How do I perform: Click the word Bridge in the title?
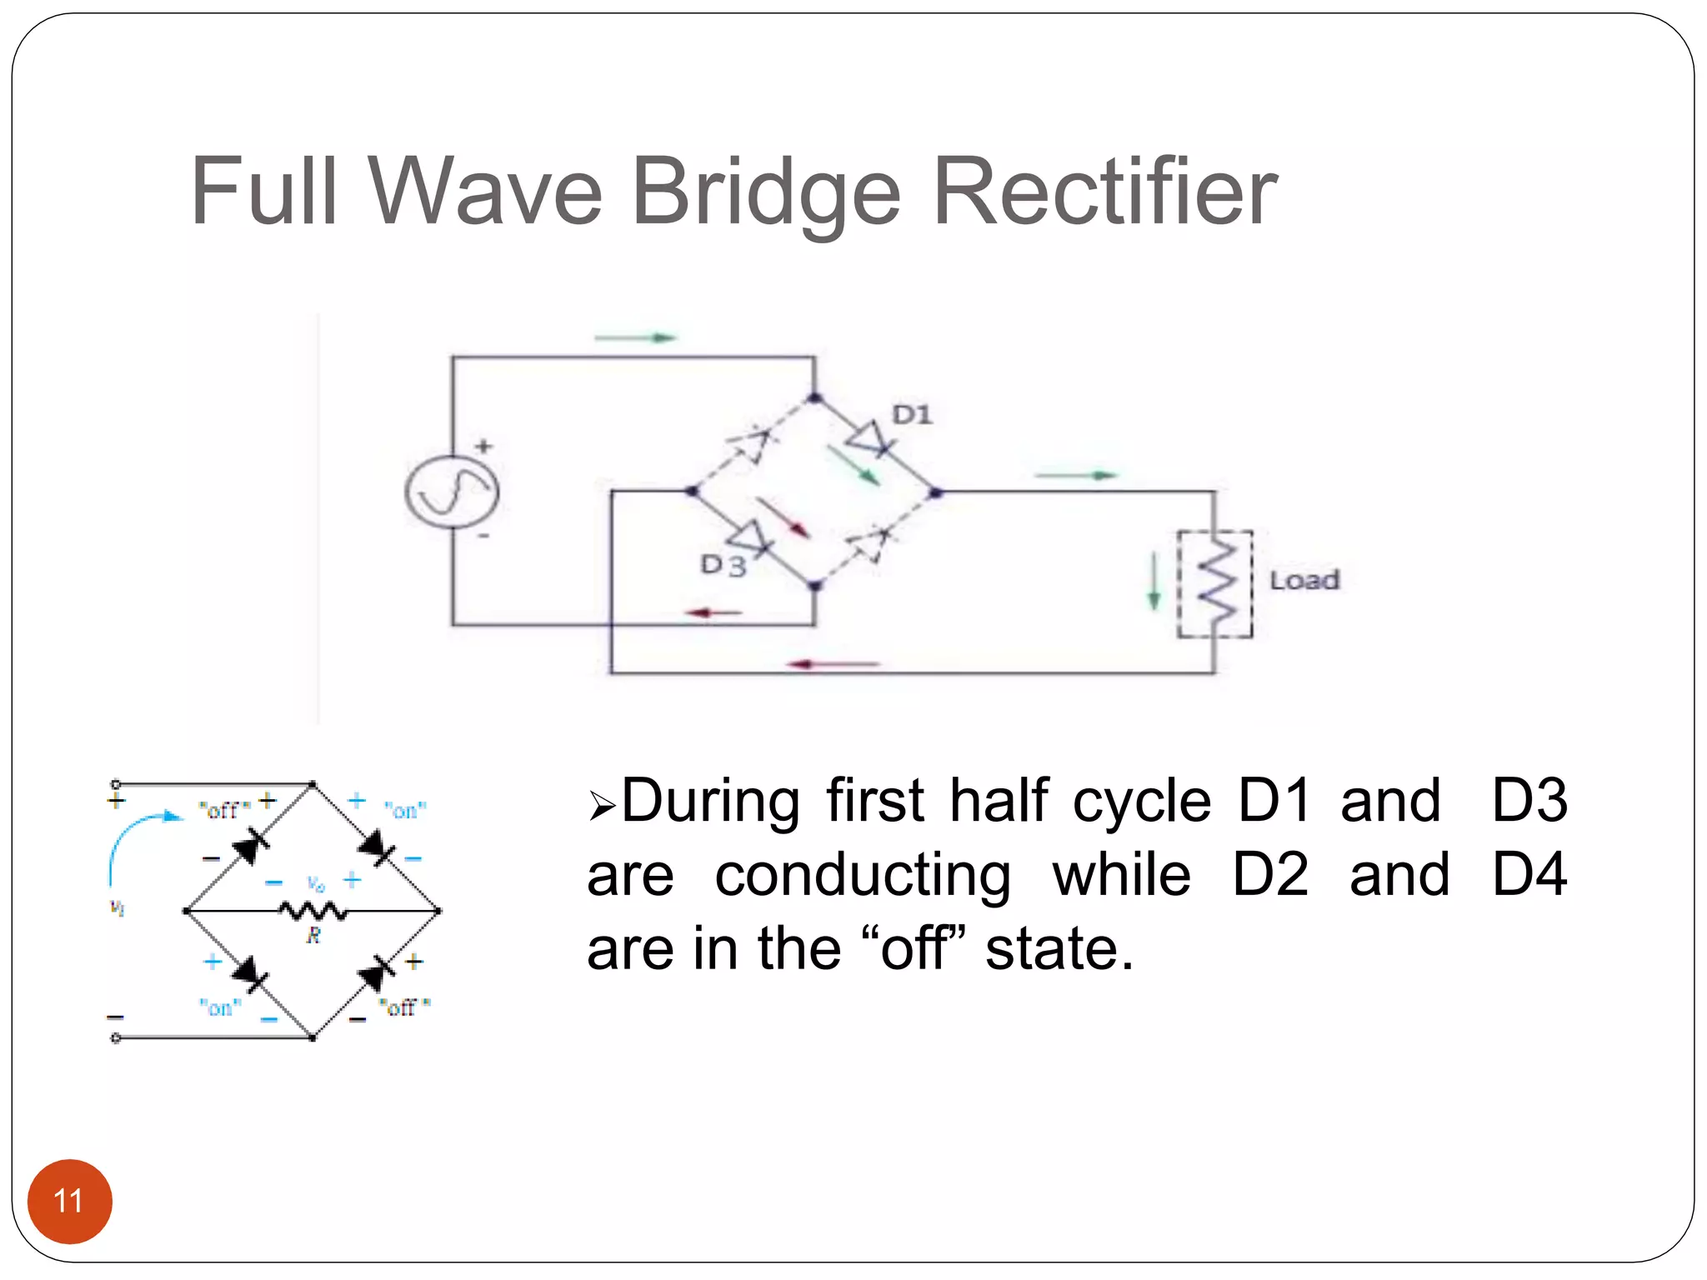(765, 193)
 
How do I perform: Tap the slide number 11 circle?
(69, 1201)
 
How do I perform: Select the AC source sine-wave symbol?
(452, 492)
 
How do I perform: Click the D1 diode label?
(912, 414)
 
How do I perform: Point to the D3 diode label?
(723, 565)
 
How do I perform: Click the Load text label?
(1304, 580)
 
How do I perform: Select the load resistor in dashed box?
(1215, 584)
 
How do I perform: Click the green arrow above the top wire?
(635, 337)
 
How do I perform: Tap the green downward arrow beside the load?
(1154, 581)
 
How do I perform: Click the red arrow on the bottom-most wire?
(833, 664)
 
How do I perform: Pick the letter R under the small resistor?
(313, 936)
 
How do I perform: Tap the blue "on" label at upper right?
(405, 810)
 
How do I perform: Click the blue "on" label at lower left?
(220, 1007)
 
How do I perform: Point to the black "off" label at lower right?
(404, 1007)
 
